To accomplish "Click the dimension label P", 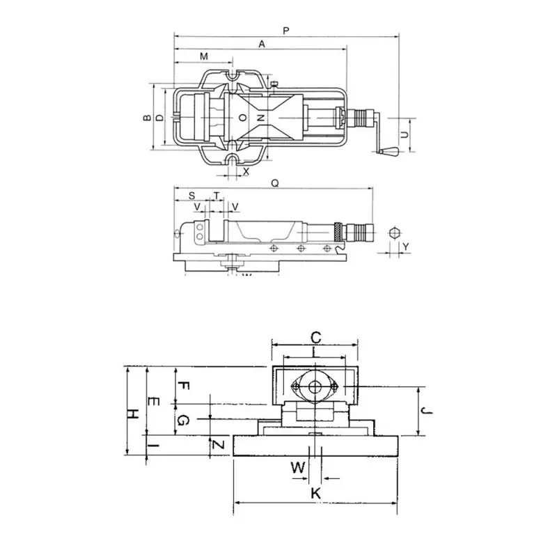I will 286,30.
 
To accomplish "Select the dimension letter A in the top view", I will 262,44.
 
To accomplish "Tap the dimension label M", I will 203,56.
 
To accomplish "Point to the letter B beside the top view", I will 148,118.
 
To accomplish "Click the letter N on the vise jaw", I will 260,118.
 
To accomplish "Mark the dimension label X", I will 246,171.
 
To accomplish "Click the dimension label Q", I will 275,184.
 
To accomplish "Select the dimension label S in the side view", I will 191,196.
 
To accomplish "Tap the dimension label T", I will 217,196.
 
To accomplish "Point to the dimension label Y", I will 406,247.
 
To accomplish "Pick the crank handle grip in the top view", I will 389,150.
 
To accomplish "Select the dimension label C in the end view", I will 315,338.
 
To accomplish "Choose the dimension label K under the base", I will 315,493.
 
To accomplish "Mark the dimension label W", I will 298,467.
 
